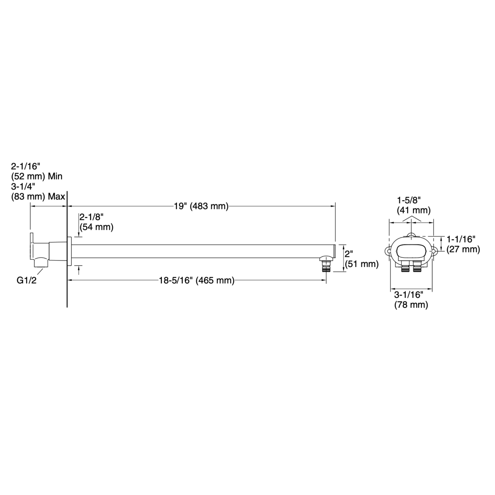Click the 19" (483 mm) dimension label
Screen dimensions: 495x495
(x=201, y=206)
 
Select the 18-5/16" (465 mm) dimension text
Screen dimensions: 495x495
(x=197, y=281)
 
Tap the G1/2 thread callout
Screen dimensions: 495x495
(x=26, y=281)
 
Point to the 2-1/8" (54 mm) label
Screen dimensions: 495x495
(x=96, y=222)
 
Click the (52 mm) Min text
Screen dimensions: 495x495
(x=37, y=176)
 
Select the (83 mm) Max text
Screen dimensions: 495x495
(x=38, y=197)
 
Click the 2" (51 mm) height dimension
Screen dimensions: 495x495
(x=362, y=259)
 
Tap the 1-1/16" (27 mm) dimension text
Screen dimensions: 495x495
(x=463, y=244)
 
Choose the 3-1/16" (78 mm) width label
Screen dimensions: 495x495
(x=411, y=300)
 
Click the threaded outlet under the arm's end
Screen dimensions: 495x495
(x=326, y=267)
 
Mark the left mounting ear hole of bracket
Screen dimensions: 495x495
(x=389, y=251)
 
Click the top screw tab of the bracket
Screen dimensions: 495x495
(x=411, y=235)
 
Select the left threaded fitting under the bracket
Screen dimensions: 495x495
(x=405, y=267)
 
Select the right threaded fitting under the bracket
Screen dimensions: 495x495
(x=417, y=267)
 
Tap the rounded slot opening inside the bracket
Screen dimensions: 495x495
(x=411, y=251)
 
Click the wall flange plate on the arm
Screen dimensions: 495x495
(x=69, y=251)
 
